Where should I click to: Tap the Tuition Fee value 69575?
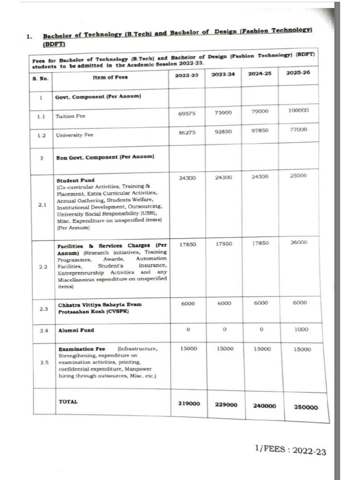click(x=187, y=114)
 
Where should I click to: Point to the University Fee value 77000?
click(x=298, y=129)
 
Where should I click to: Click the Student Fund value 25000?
click(x=298, y=175)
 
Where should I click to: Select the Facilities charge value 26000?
click(x=298, y=242)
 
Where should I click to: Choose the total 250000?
click(x=306, y=407)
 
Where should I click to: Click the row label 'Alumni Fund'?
click(x=75, y=330)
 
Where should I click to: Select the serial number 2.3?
click(x=44, y=309)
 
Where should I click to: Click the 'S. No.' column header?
click(x=41, y=79)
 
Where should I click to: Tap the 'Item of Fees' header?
click(x=110, y=77)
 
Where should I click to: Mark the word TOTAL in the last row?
click(x=68, y=402)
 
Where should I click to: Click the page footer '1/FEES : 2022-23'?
click(x=290, y=450)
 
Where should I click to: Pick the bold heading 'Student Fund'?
click(x=75, y=180)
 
